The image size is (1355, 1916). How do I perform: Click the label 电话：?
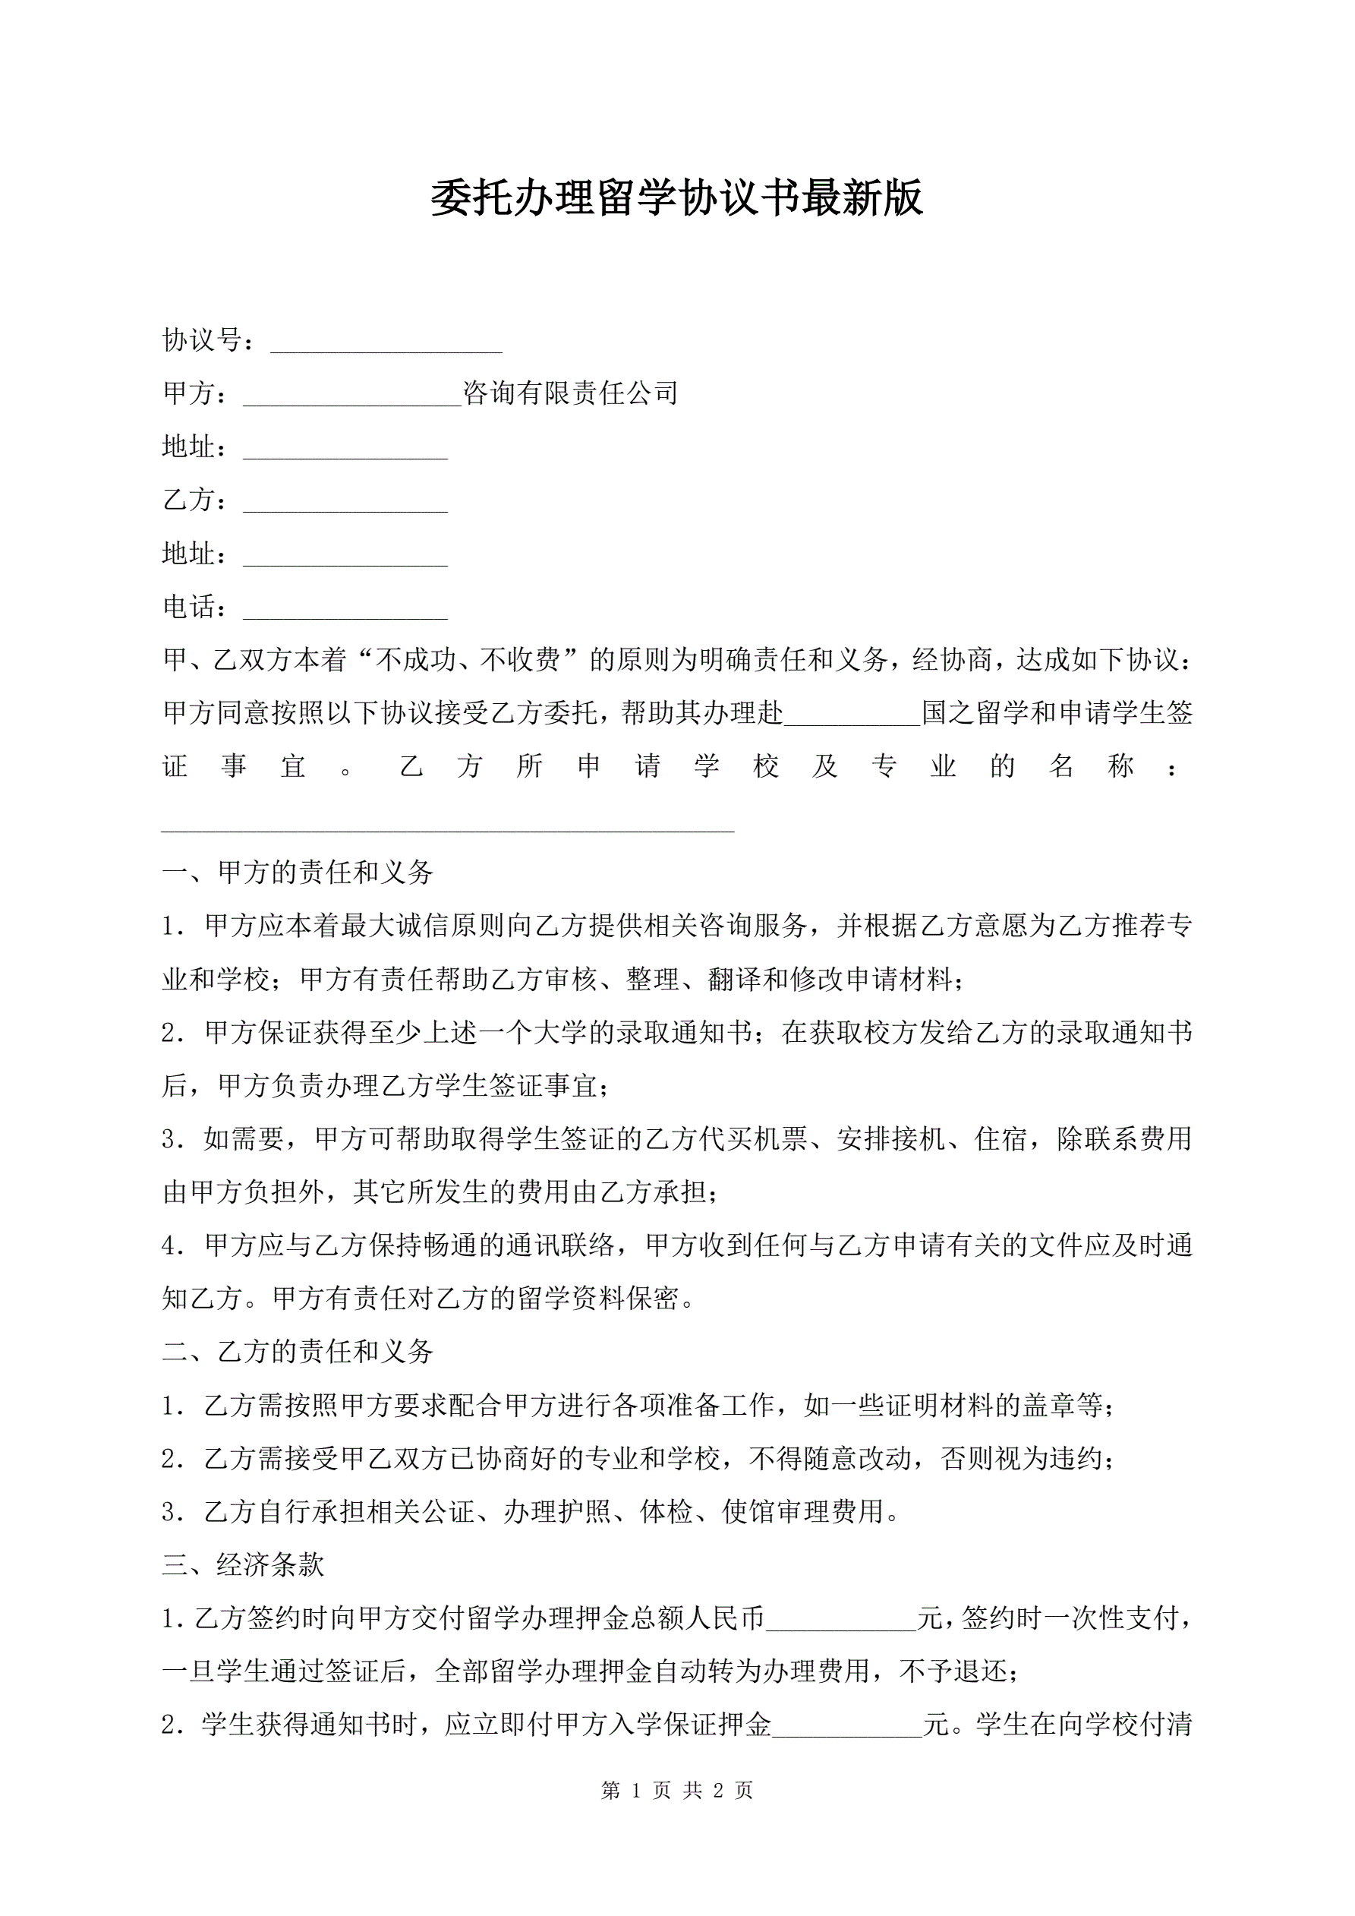[195, 607]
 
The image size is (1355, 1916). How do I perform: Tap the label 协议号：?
[210, 339]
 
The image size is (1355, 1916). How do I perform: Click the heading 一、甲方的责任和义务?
[298, 873]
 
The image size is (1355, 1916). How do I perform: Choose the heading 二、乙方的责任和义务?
[298, 1352]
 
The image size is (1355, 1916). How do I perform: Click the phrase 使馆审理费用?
[802, 1511]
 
